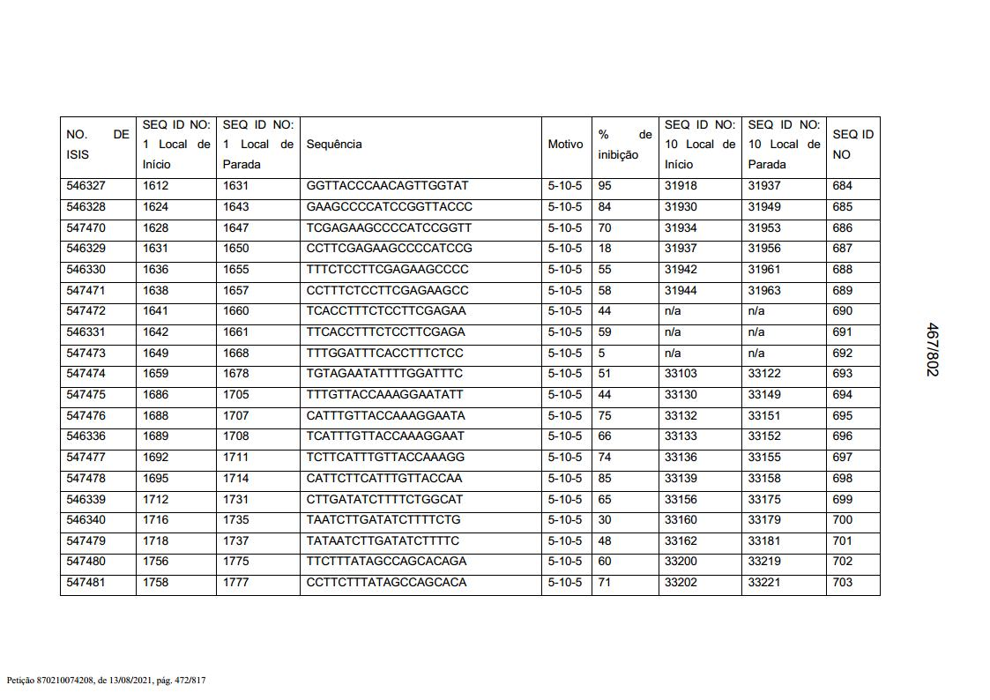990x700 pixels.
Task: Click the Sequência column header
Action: (x=334, y=145)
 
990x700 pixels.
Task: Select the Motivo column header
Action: (x=565, y=145)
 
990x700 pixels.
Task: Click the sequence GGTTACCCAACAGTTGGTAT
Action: (x=387, y=186)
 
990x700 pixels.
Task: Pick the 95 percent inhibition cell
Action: (x=605, y=186)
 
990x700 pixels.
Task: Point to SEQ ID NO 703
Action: (x=843, y=583)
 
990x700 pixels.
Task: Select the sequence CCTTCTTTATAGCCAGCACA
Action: (x=386, y=583)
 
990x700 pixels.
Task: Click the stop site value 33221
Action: (x=764, y=583)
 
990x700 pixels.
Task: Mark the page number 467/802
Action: (x=932, y=349)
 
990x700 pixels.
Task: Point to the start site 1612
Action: (x=155, y=186)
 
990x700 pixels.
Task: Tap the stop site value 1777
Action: (x=235, y=583)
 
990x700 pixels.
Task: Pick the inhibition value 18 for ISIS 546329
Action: (x=605, y=249)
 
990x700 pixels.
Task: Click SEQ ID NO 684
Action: (x=843, y=186)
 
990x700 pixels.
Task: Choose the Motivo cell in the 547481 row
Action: (x=565, y=583)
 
